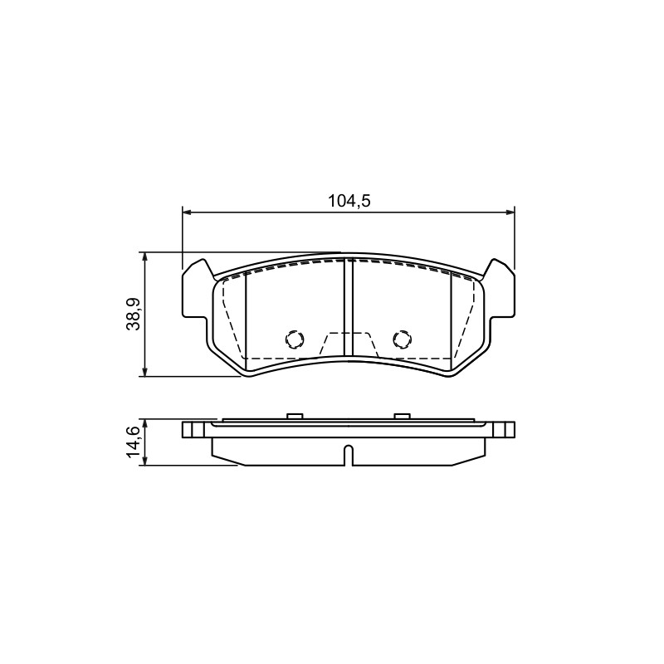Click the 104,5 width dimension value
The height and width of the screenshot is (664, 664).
[x=349, y=201]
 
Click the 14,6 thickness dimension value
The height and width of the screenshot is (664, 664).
[x=134, y=442]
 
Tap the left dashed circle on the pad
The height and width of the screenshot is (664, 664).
[x=295, y=339]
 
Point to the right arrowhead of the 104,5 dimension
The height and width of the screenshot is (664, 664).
[x=509, y=212]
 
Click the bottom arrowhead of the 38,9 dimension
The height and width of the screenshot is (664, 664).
[x=145, y=371]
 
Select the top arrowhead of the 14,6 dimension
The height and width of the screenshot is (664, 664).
[x=145, y=425]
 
